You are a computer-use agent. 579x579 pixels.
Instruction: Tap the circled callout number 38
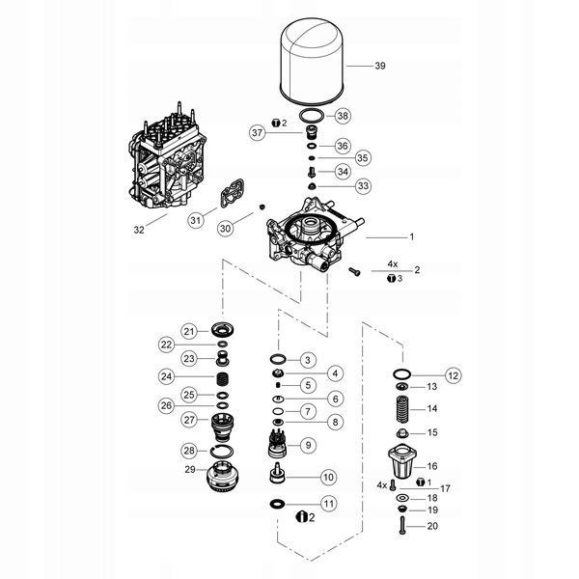pos(342,116)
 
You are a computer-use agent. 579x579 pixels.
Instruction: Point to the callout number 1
pos(410,236)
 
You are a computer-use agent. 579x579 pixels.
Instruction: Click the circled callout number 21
pos(190,331)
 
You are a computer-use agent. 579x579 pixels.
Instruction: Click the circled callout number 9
pos(308,445)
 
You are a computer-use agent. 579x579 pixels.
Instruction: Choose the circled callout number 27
pos(190,420)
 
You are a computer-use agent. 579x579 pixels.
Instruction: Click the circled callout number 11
pos(329,503)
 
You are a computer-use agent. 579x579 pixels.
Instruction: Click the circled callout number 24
pos(167,376)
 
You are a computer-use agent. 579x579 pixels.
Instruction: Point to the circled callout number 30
pos(225,229)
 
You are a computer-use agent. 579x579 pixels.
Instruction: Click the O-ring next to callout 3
pos(278,359)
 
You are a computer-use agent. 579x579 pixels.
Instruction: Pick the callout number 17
pos(445,487)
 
